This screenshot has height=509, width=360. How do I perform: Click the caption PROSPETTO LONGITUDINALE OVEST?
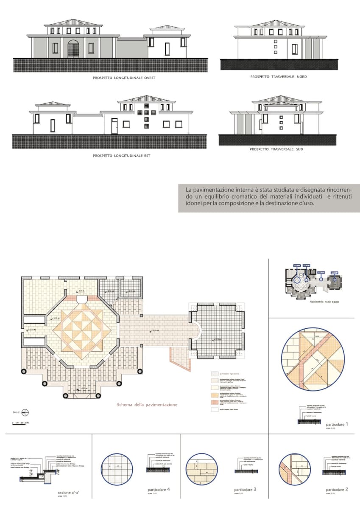click(x=121, y=78)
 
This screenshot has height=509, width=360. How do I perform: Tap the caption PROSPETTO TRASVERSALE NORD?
click(x=278, y=77)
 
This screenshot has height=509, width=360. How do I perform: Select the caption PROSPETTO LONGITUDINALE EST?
click(x=121, y=156)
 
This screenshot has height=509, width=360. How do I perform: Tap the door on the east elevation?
click(x=114, y=126)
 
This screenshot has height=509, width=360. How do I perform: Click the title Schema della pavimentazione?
click(x=147, y=405)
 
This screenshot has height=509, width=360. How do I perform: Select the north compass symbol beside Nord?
click(x=25, y=412)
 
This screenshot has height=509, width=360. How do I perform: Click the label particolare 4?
click(x=159, y=489)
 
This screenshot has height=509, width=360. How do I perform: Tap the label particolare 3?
click(x=245, y=489)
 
